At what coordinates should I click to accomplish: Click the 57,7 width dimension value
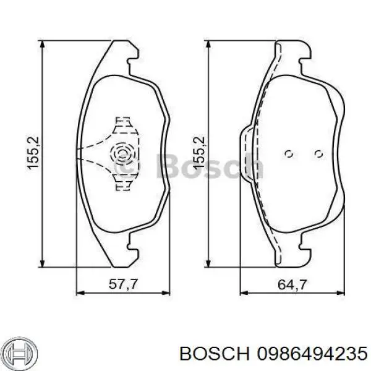(x=123, y=284)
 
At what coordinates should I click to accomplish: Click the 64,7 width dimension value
(x=292, y=284)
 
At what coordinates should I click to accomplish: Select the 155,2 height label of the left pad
(x=33, y=153)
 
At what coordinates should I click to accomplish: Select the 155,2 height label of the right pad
(x=198, y=153)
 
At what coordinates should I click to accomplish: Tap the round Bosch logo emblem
(x=21, y=354)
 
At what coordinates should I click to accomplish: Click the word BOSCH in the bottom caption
(x=215, y=354)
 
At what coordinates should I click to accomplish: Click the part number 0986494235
(x=312, y=354)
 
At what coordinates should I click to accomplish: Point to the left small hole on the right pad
(x=289, y=154)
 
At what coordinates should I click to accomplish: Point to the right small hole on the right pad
(x=318, y=154)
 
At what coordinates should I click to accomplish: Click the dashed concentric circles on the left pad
(x=122, y=155)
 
